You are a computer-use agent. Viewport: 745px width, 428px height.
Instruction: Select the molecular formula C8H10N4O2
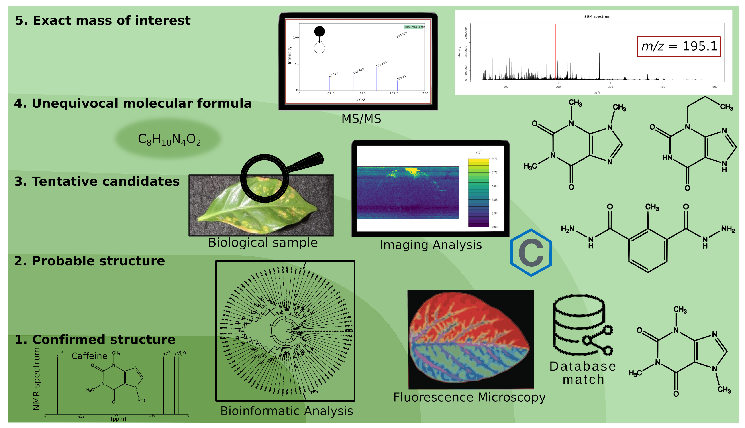[169, 139]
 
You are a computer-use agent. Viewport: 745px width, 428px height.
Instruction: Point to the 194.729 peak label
[402, 35]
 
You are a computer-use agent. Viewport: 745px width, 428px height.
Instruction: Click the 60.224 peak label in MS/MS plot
[333, 74]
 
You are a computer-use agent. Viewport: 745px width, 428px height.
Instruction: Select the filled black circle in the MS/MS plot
[319, 31]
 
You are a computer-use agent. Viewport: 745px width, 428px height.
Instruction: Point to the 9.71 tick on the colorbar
[495, 159]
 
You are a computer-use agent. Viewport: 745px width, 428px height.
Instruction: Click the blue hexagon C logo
[531, 252]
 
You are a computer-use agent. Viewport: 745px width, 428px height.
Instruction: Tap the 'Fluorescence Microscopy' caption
[469, 397]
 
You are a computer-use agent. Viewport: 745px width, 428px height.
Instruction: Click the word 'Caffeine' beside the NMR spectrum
[89, 356]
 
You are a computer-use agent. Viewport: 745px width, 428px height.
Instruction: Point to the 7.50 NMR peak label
[59, 353]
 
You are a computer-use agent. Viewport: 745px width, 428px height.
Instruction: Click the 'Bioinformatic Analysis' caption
[286, 411]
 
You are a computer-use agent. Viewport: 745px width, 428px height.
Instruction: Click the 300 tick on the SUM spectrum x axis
[610, 87]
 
